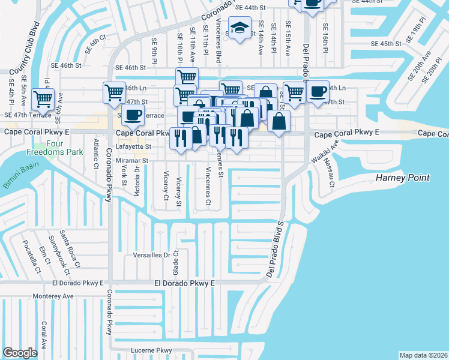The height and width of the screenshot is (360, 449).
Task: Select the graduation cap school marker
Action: click(x=240, y=29)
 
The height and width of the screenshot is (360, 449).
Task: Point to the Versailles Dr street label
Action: click(x=151, y=255)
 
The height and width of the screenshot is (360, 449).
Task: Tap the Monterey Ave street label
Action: click(x=53, y=296)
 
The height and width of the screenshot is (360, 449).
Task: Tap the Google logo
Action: click(x=20, y=352)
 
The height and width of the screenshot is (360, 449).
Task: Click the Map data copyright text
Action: click(x=423, y=355)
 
